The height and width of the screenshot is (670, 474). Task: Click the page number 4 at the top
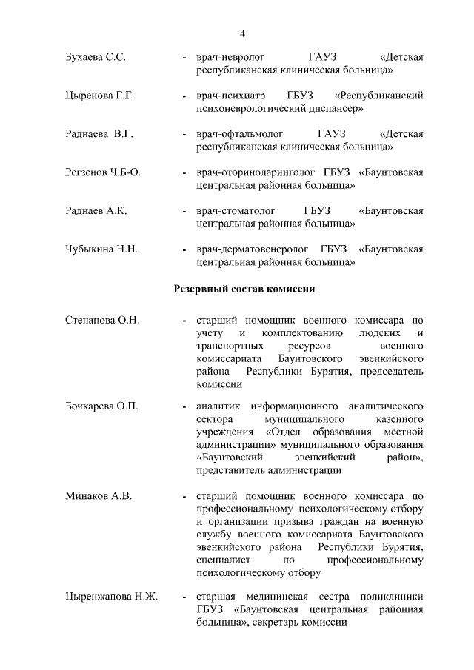[x=242, y=33]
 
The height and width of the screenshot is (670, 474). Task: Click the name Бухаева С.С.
[x=96, y=56]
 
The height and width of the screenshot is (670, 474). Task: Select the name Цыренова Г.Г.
[x=99, y=96]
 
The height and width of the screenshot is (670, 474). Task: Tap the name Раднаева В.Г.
[x=99, y=134]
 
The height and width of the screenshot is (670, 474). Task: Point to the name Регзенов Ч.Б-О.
[x=103, y=172]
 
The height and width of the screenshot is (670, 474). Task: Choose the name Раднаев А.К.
[x=96, y=211]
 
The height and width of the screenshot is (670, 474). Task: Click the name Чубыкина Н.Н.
[x=102, y=249]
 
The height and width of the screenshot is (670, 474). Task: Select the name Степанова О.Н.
[x=102, y=321]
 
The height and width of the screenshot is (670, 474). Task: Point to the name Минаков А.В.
[x=99, y=495]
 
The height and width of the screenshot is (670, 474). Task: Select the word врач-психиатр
[x=233, y=96]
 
